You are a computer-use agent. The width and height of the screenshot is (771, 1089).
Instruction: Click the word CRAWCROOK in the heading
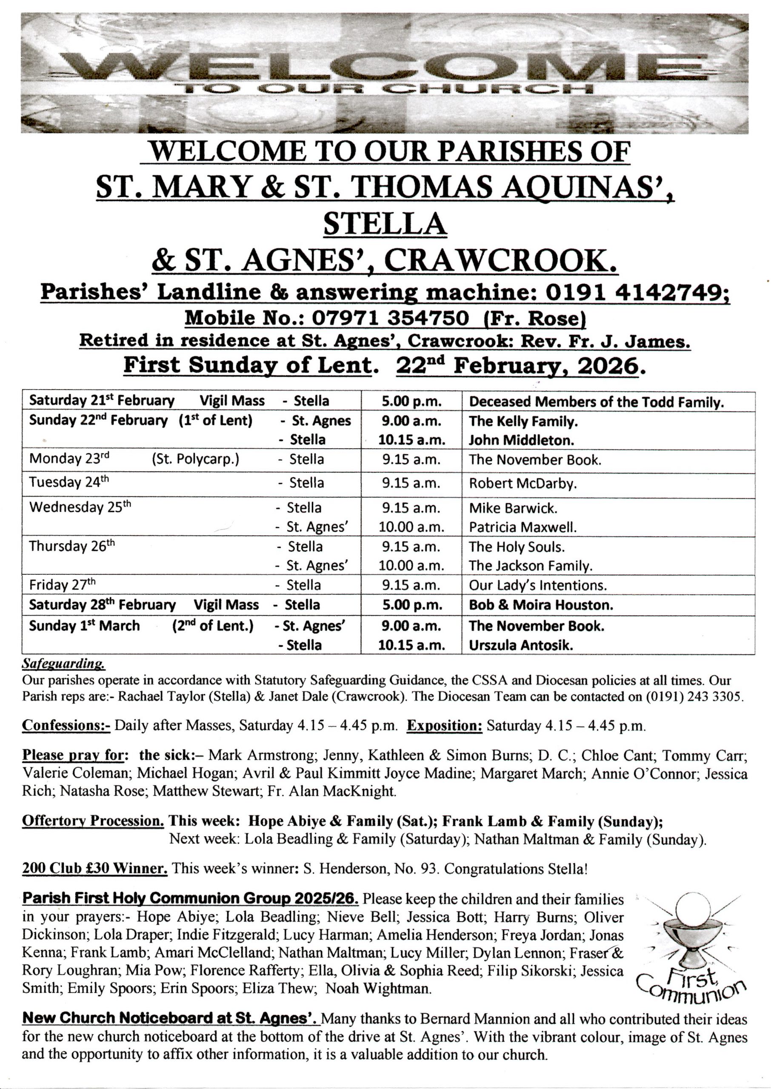(x=504, y=262)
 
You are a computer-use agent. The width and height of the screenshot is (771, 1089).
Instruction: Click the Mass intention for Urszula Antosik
(x=521, y=645)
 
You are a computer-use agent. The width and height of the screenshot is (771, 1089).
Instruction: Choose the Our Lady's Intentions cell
(x=538, y=585)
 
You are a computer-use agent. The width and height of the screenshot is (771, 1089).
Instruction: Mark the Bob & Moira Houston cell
(x=541, y=605)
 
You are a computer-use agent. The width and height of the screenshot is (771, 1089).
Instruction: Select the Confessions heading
(x=66, y=726)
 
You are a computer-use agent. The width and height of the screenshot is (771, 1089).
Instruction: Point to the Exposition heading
(x=444, y=726)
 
